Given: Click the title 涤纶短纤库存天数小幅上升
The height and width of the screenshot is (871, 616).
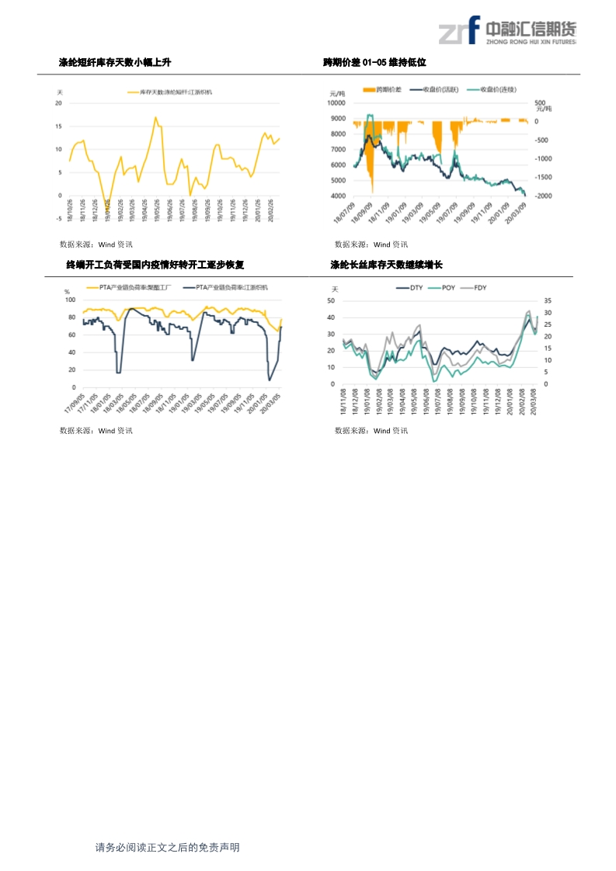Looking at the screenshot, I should coord(115,62).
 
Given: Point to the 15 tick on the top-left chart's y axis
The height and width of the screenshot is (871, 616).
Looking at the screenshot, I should coord(59,126).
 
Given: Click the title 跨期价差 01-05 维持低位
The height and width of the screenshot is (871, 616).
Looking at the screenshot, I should coord(375,62).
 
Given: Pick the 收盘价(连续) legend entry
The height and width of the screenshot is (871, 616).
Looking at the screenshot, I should coord(500,90).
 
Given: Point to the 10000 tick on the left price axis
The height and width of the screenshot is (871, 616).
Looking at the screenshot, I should coord(338,102).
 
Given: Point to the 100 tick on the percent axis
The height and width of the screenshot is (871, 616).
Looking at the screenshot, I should coord(70,300).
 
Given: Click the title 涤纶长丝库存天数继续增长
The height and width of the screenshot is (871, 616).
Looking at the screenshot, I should coord(386,265).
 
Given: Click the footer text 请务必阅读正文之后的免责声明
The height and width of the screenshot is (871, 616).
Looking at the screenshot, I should coord(167,848).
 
